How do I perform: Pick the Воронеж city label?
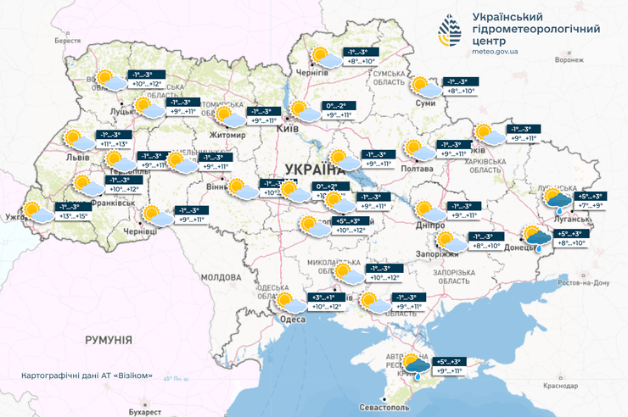click(x=569, y=60)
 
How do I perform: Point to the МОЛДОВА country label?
click(x=222, y=277)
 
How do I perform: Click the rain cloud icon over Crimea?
click(x=417, y=365)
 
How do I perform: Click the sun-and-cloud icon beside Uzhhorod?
click(x=38, y=212)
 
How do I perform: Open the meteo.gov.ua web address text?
click(x=496, y=52)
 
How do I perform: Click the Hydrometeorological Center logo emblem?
click(x=451, y=31)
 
